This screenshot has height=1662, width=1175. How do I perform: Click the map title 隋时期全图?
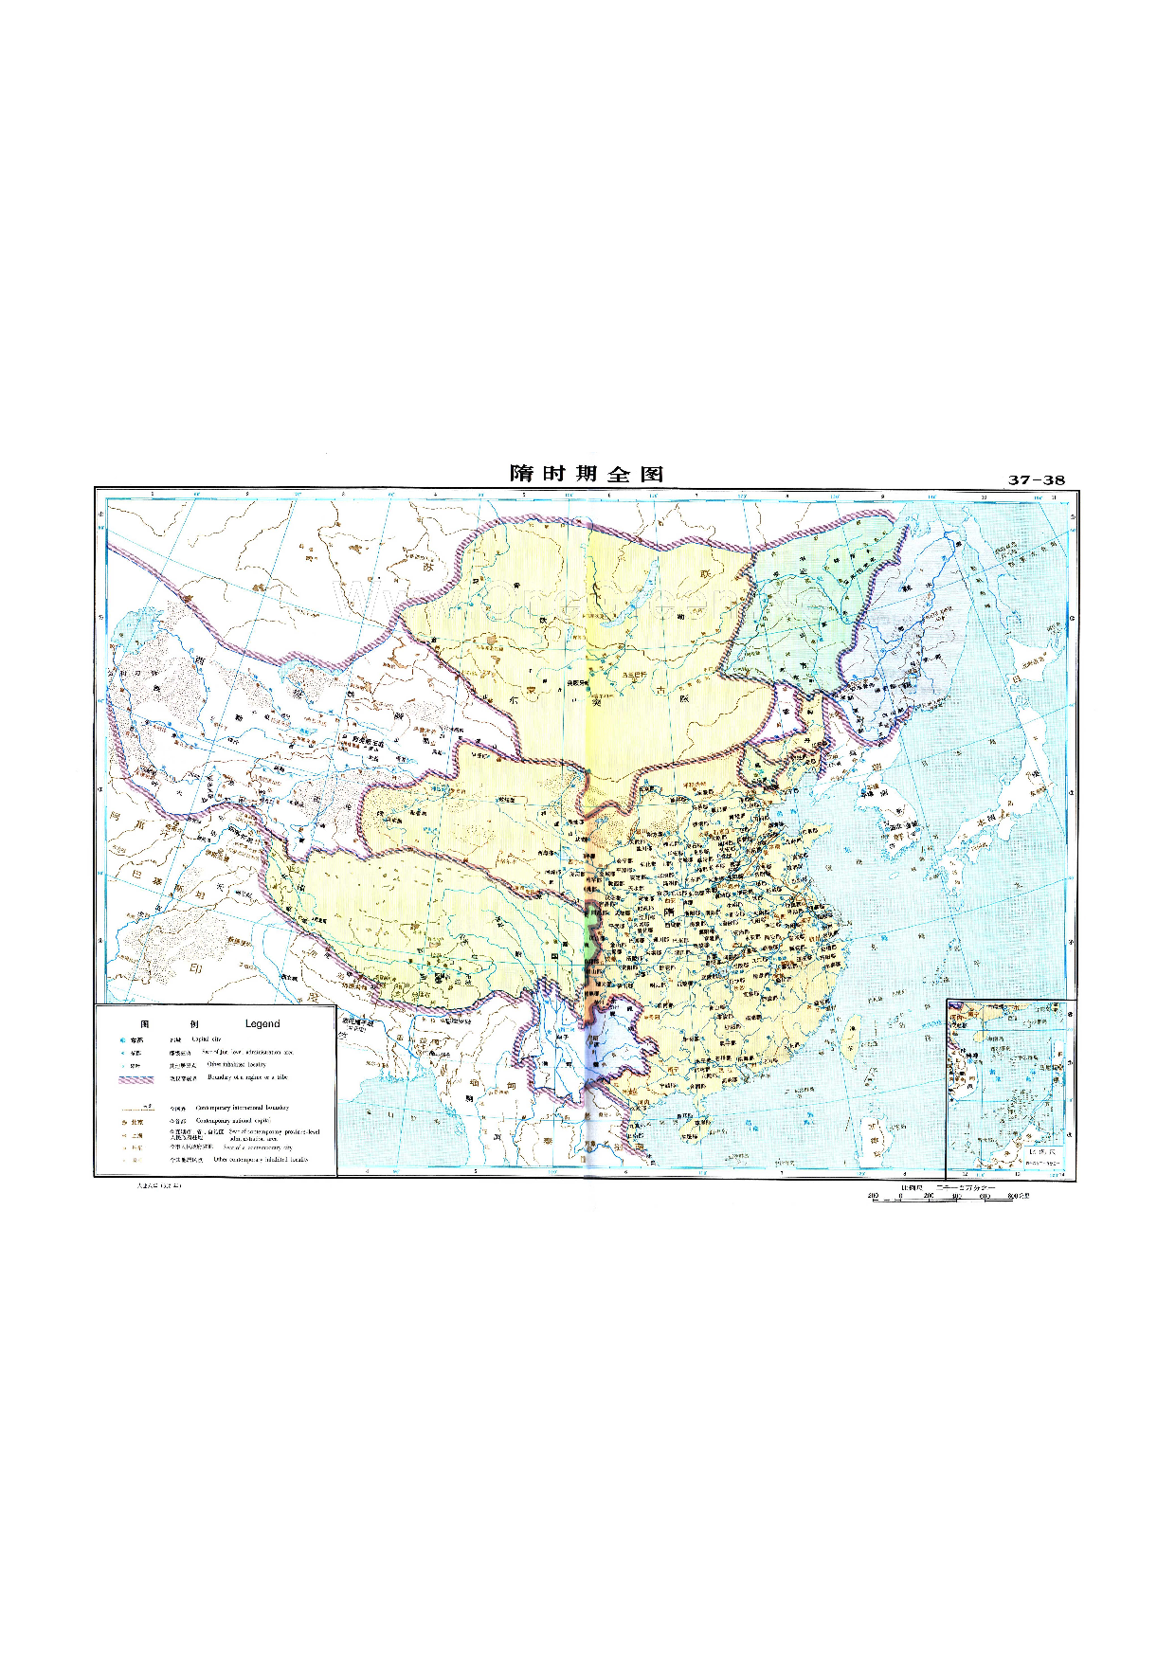click(587, 474)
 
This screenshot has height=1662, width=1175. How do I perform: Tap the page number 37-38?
click(1036, 480)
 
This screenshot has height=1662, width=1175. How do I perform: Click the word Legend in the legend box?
click(262, 1024)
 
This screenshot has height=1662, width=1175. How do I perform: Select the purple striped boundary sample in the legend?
click(136, 1078)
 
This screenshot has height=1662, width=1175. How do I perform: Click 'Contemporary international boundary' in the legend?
click(242, 1108)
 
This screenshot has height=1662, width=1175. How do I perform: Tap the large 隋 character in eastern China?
click(670, 913)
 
